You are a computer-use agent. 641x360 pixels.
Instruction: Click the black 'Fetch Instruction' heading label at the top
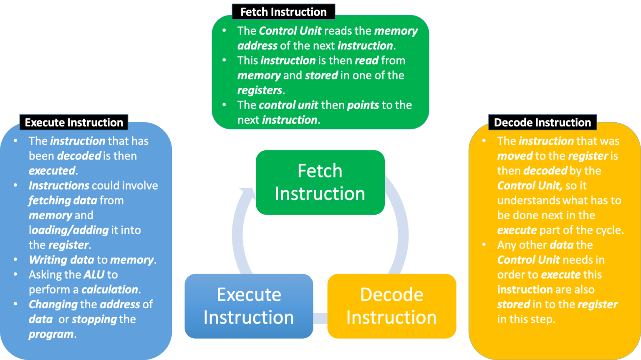point(283,12)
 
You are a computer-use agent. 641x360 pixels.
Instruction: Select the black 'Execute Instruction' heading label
point(74,122)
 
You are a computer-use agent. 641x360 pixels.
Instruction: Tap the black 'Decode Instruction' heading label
point(542,122)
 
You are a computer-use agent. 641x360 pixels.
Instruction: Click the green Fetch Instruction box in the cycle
point(320,183)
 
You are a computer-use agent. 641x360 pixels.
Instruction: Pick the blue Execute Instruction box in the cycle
point(249,306)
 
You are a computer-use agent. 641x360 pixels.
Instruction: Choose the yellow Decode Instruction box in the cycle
point(391,306)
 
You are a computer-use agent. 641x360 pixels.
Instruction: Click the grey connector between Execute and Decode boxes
point(320,318)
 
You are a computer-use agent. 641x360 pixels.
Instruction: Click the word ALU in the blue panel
point(94,275)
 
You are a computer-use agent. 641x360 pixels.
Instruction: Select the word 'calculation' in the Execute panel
point(110,289)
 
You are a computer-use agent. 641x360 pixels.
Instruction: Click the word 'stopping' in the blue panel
point(94,319)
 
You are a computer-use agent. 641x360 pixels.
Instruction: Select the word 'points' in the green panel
point(363,105)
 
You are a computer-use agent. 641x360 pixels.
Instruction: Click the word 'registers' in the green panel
point(260,90)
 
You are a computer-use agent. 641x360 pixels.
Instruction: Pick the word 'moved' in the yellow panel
point(515,156)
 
